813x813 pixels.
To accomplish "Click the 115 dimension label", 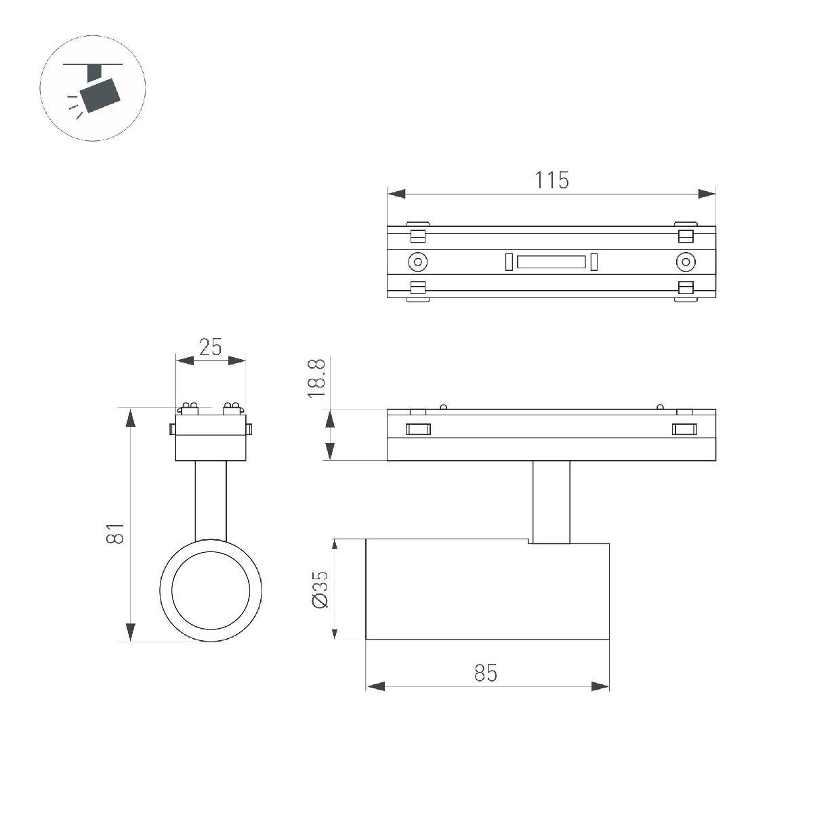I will click(551, 180).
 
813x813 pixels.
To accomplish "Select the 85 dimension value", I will click(485, 673).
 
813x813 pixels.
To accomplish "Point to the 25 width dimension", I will click(210, 347).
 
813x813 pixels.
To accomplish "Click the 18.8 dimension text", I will click(317, 377).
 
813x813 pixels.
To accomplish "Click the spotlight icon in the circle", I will click(93, 89).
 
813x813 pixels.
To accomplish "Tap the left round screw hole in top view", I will click(417, 262).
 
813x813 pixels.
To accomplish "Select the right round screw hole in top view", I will click(686, 262).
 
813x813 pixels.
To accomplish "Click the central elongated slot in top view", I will click(551, 262).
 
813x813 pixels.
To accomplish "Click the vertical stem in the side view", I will click(551, 501).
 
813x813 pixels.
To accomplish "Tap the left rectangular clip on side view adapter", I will click(418, 429).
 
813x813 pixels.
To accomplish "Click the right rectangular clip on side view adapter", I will click(684, 429).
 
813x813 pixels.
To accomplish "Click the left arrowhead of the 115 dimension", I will click(396, 194).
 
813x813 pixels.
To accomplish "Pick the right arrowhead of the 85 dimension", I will click(600, 686).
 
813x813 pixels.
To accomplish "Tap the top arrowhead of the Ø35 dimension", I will click(334, 547).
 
